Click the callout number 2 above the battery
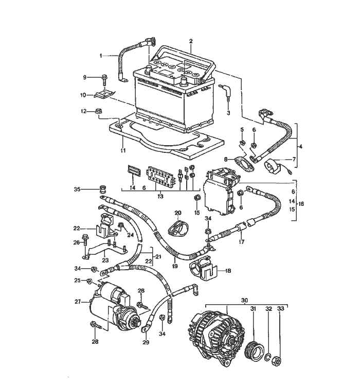191,41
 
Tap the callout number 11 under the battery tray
123,150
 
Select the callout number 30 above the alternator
244,300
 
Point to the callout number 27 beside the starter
78,302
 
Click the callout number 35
77,189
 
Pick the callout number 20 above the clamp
178,213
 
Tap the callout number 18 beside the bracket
228,271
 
